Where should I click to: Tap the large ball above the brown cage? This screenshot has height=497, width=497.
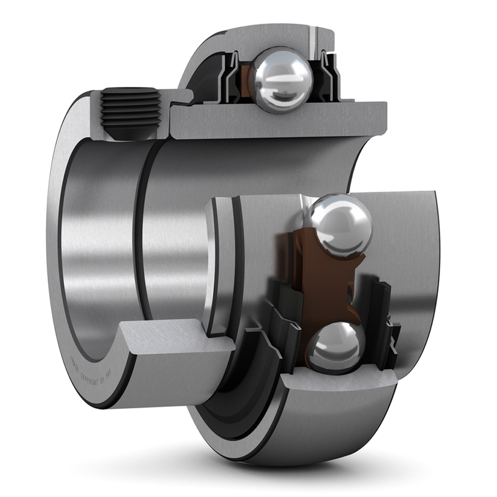point(339,225)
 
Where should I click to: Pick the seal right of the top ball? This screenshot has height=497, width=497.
point(329,78)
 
